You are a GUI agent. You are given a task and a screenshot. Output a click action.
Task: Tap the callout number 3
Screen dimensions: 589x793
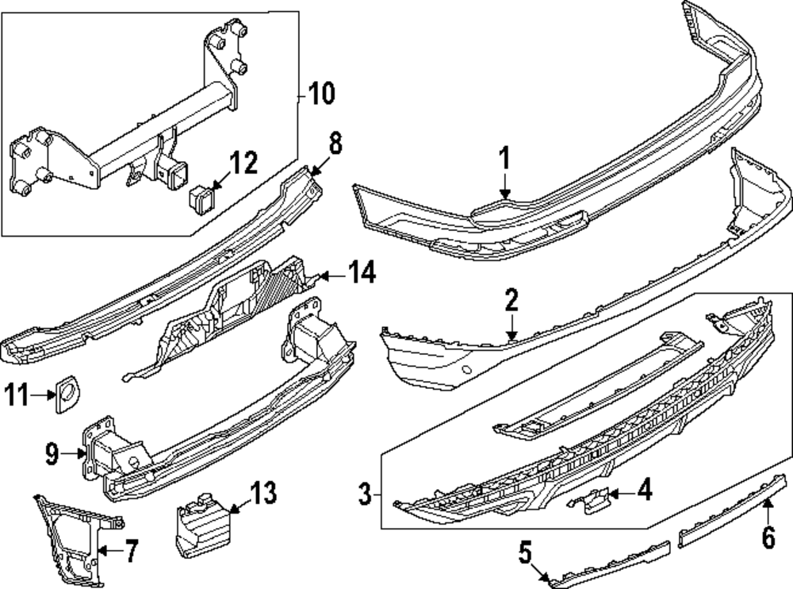365,495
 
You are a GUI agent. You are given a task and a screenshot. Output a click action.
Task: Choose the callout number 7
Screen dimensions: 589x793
130,549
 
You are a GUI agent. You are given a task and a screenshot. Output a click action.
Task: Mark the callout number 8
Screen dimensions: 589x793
335,144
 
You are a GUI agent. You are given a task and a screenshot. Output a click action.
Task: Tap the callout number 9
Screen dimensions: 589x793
52,454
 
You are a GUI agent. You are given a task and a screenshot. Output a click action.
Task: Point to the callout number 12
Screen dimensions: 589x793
243,164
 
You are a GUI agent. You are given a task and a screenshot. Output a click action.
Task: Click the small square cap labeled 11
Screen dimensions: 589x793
67,395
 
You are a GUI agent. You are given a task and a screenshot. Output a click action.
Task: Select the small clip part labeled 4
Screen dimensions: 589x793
589,500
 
